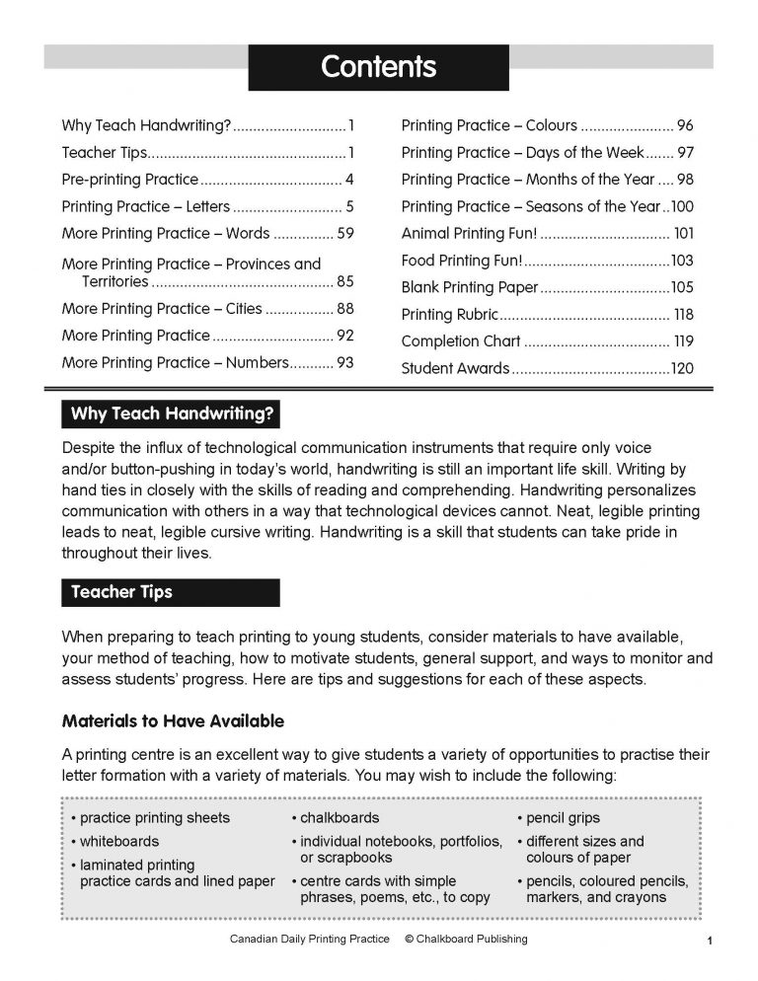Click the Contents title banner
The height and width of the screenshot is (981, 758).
378,67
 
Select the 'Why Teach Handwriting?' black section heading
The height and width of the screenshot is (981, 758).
171,413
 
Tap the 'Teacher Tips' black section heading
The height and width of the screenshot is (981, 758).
121,592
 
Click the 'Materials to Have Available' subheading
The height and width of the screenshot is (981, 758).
173,721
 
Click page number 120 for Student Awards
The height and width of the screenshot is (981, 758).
682,369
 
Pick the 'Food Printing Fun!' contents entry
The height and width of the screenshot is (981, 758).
461,261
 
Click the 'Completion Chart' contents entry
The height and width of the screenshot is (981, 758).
460,341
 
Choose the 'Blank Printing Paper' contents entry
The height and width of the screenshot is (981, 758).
470,287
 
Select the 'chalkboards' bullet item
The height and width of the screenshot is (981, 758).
339,818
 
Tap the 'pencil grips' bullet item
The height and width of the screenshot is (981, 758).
563,818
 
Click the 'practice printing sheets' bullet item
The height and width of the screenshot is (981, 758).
154,818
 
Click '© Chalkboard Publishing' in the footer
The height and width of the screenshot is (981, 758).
466,939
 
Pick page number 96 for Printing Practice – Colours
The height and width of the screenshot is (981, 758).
685,125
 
